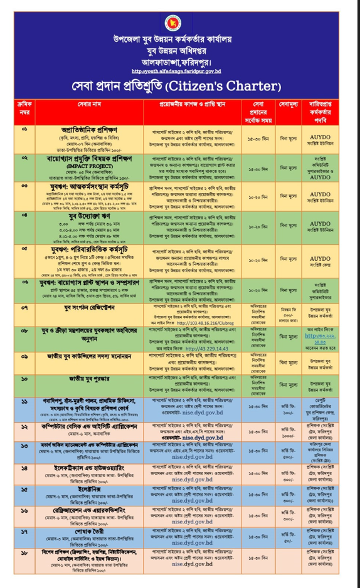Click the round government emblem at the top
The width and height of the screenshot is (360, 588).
[x=169, y=23]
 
